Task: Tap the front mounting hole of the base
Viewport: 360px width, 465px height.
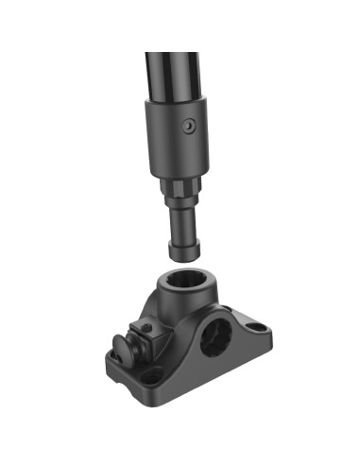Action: (x=151, y=379)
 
